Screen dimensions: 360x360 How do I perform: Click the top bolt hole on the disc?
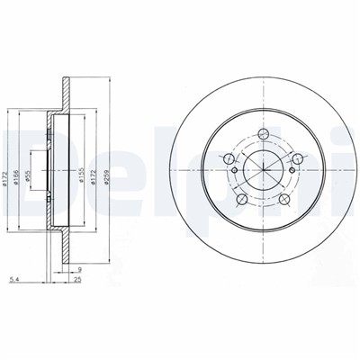tap(264, 137)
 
